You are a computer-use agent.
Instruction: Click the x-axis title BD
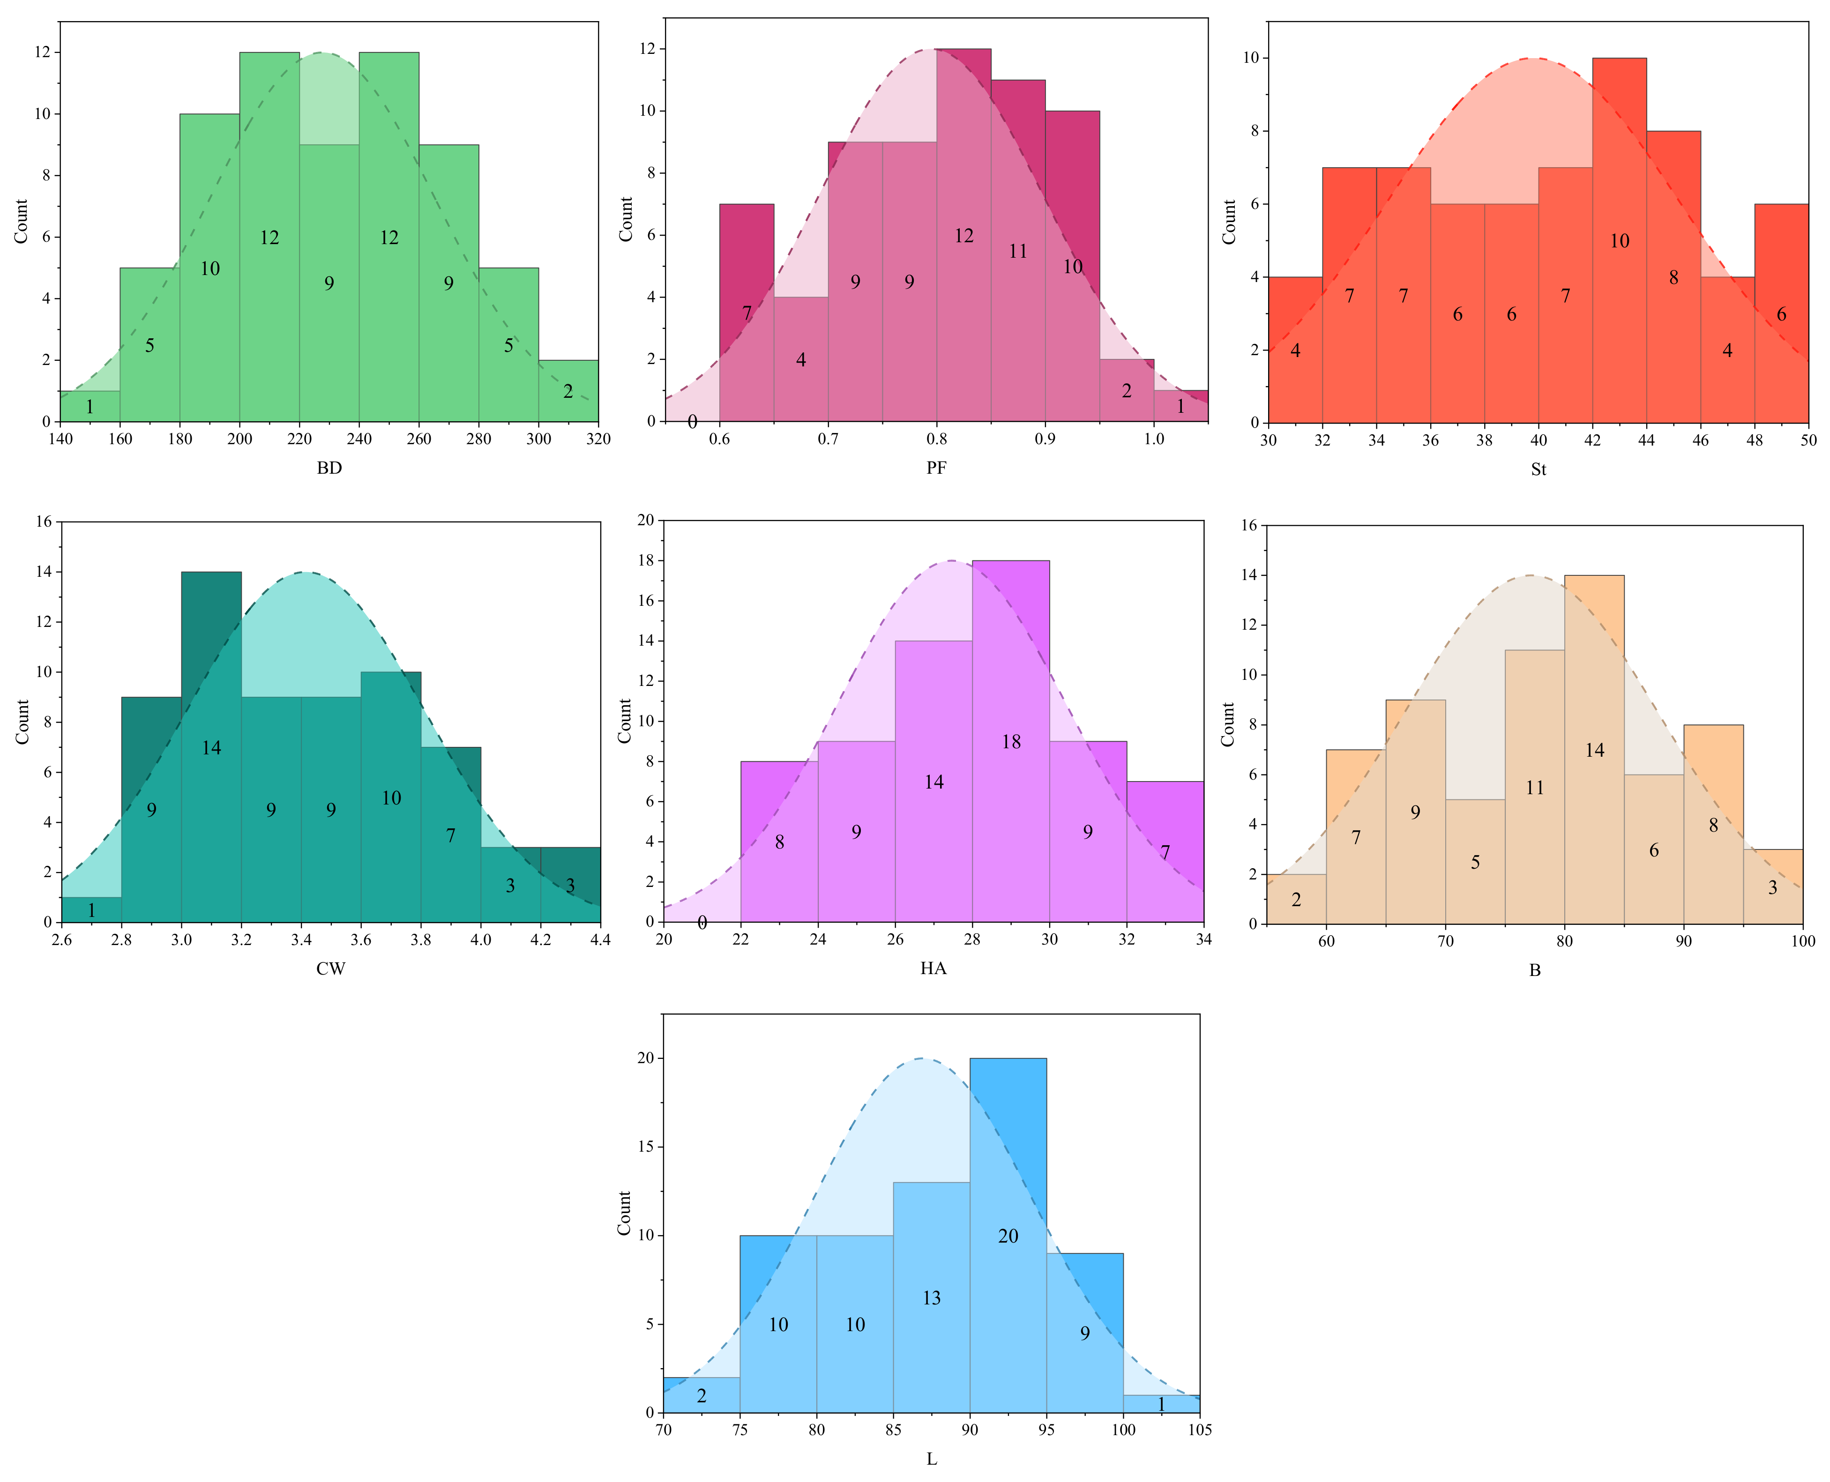click(329, 468)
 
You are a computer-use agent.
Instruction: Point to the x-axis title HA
click(934, 968)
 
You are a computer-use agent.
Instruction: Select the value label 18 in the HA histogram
click(1011, 742)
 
